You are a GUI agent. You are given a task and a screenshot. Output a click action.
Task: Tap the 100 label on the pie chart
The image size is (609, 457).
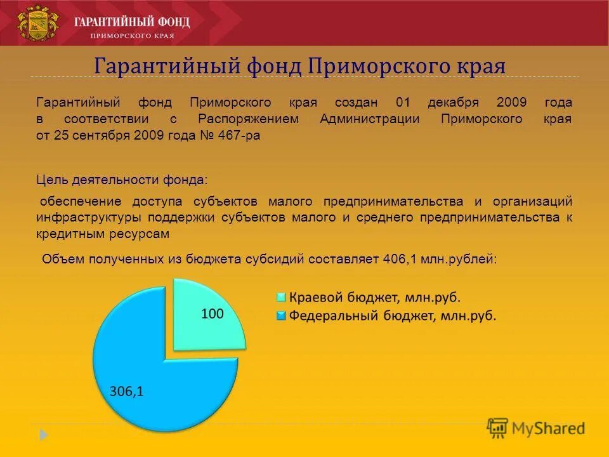(213, 313)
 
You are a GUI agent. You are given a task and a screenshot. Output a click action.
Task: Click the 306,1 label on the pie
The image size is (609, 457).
(127, 392)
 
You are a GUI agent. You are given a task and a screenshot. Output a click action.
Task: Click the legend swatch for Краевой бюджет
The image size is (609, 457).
(280, 297)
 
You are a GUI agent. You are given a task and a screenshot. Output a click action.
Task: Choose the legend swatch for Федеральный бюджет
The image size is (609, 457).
(280, 315)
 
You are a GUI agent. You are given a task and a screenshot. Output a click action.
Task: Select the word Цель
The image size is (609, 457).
(48, 180)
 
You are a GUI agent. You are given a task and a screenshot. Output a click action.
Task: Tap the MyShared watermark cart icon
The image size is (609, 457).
(498, 427)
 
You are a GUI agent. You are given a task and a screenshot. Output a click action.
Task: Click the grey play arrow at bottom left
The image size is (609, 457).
(43, 435)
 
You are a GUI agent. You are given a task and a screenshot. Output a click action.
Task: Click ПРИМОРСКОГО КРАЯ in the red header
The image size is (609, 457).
(132, 36)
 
